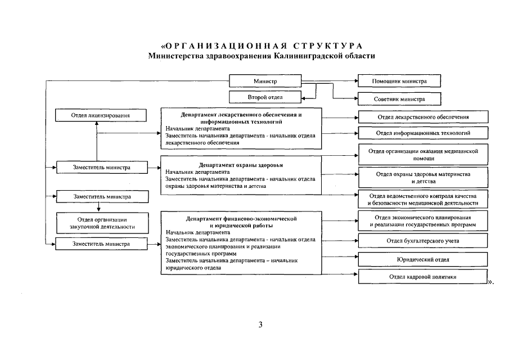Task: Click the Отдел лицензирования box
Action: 101,115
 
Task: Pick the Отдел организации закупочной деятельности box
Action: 101,223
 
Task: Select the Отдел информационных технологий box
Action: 423,133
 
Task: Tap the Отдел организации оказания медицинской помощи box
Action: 423,155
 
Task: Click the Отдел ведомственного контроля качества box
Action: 423,199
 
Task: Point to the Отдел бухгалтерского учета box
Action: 423,241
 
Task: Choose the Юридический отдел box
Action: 423,259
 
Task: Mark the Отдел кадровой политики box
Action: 423,277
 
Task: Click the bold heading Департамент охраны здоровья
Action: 240,165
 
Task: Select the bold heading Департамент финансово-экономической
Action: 241,218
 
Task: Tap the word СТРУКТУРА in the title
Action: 326,46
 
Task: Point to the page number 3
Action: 260,325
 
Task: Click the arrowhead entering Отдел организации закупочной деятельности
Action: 98,209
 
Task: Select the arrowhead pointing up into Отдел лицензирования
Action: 97,124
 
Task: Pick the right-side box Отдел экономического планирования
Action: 423,221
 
